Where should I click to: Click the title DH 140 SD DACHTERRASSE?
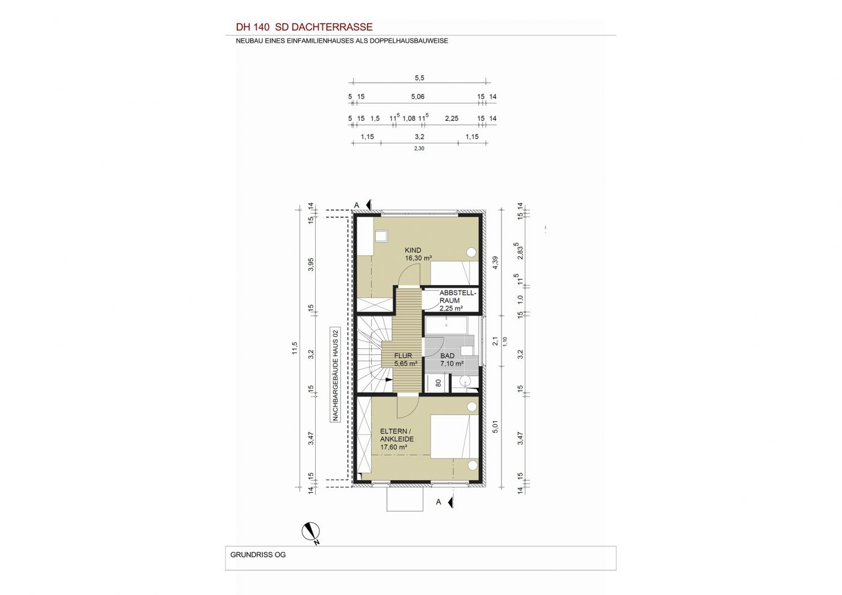tap(304, 27)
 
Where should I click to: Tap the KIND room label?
tap(413, 250)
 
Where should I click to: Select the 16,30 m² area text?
tap(419, 258)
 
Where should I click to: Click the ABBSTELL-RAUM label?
tap(458, 297)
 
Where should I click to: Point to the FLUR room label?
tap(403, 356)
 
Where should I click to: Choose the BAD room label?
tap(447, 356)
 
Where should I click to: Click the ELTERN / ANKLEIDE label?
tap(397, 435)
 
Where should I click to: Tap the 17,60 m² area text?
tap(393, 447)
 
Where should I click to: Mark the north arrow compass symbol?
tap(311, 532)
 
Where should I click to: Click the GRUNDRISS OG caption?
tap(258, 555)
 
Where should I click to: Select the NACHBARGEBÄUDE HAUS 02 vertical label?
tap(336, 375)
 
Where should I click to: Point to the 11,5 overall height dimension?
tap(295, 348)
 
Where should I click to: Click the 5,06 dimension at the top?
tap(417, 97)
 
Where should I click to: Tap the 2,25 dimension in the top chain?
tap(452, 119)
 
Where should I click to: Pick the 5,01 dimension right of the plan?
tap(496, 427)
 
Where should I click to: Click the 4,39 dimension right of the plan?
tap(496, 262)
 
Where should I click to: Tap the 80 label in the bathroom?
tap(438, 383)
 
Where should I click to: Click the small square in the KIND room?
tap(495, 236)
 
